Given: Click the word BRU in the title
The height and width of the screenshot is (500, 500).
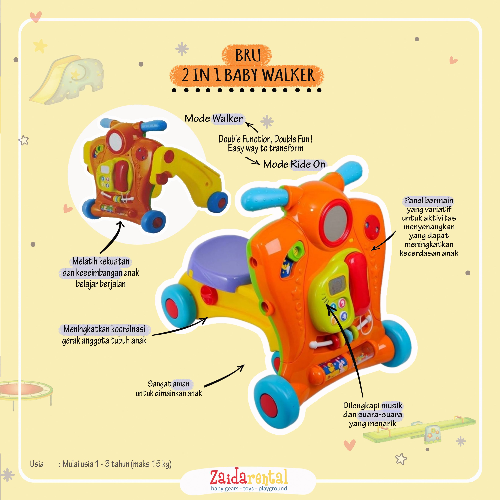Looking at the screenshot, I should point(248,55).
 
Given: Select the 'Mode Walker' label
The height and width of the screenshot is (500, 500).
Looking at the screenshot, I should point(214,119).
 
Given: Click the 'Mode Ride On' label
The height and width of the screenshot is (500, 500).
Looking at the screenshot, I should point(294,164).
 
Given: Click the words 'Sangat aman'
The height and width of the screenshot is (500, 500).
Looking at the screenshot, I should point(168,384).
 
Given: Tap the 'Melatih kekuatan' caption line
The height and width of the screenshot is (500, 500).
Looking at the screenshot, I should point(101,261).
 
